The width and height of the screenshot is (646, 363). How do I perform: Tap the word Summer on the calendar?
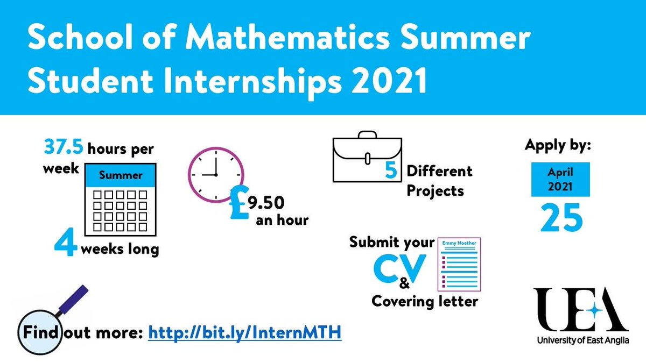(x=121, y=175)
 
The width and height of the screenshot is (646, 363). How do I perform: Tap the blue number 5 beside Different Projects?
(x=391, y=172)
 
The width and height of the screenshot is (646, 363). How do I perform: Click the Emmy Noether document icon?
(x=459, y=265)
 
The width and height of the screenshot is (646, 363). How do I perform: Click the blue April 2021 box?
(x=560, y=179)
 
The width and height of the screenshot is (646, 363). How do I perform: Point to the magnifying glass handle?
(x=69, y=302)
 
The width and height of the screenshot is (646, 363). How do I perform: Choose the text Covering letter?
(x=425, y=301)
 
